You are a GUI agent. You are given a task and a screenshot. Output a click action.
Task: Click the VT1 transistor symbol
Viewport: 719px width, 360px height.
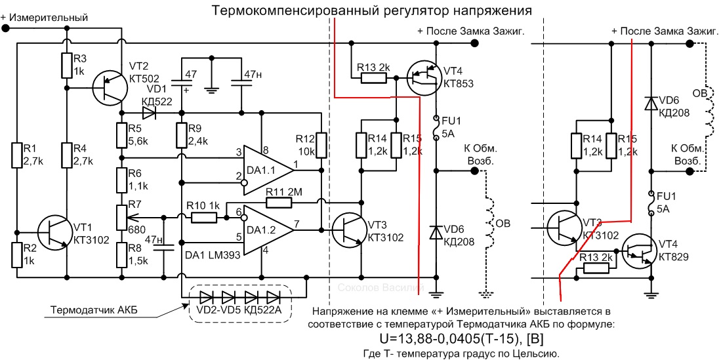[x=54, y=232]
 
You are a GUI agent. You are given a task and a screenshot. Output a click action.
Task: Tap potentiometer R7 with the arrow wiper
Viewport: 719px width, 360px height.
[x=122, y=217]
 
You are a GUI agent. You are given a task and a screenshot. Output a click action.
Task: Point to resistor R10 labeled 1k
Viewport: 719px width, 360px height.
[x=204, y=217]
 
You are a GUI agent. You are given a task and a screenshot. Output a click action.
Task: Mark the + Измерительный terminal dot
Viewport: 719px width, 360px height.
[x=5, y=28]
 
